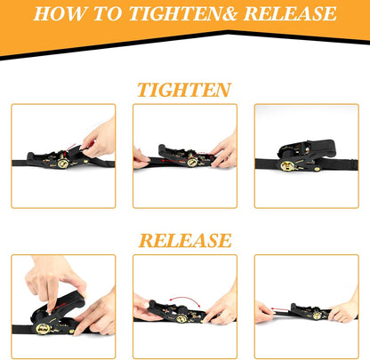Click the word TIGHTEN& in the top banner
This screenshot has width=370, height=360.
(184, 15)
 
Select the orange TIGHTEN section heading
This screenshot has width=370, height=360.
(184, 91)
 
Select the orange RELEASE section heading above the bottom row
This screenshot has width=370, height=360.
(184, 241)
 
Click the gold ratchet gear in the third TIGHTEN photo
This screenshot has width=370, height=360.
(287, 165)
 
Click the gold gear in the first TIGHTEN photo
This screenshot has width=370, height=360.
(63, 163)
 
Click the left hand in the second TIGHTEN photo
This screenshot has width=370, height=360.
(141, 158)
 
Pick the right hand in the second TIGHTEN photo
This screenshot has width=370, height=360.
(224, 151)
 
